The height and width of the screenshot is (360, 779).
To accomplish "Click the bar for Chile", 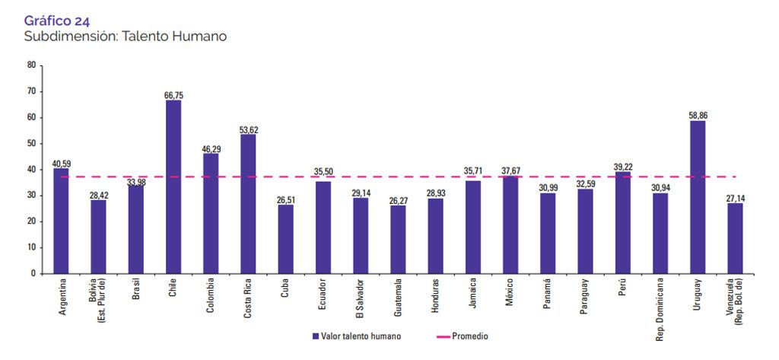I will click(x=173, y=186).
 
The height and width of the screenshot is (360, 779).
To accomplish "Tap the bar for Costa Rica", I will click(x=248, y=203).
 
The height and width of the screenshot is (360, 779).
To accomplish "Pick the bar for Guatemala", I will click(x=398, y=239).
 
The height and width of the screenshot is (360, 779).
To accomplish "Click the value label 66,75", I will click(x=173, y=96).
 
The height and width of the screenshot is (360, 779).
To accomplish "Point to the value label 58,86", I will click(x=697, y=116).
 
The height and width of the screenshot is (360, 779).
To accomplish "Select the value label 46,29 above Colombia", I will click(x=211, y=148).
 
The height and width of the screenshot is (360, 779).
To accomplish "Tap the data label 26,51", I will click(x=286, y=199).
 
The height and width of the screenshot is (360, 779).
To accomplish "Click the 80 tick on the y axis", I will click(x=31, y=65).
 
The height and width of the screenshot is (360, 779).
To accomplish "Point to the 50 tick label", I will click(x=31, y=143).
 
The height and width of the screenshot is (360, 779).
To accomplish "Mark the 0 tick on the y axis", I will click(x=33, y=273).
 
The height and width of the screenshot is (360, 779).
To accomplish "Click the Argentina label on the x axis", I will click(x=62, y=299).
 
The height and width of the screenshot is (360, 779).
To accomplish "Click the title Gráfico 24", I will click(x=57, y=21).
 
